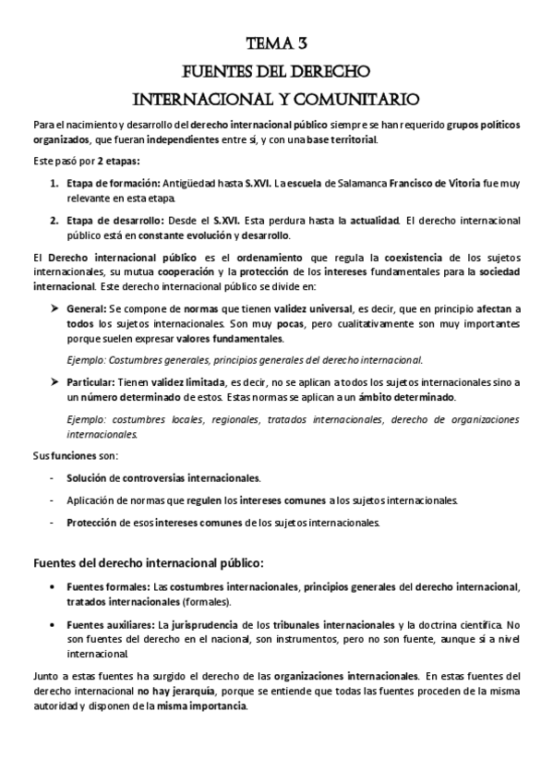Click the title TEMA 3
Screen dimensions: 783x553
click(x=277, y=42)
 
